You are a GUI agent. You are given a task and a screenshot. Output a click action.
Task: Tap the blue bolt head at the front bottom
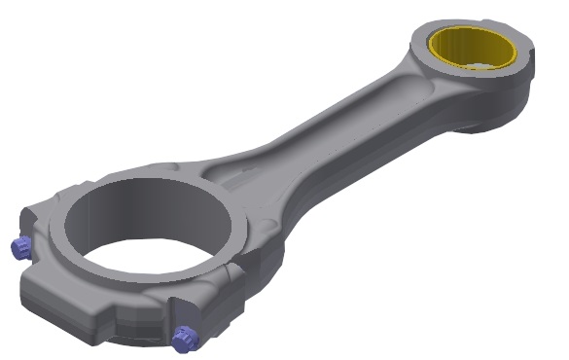[183, 338]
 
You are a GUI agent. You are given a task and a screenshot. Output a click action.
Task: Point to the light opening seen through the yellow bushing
[479, 66]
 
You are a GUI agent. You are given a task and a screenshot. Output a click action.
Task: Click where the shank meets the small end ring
[409, 83]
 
